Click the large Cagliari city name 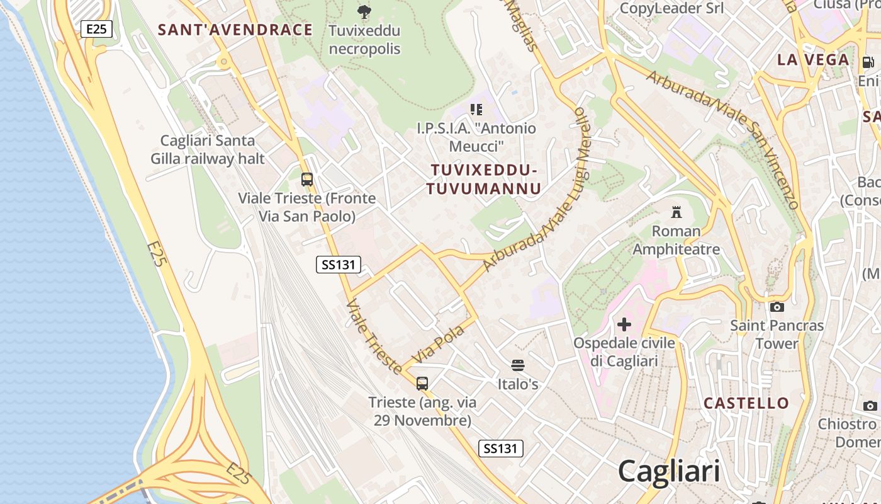click(668, 471)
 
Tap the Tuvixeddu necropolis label click(364, 39)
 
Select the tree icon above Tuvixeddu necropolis click(364, 11)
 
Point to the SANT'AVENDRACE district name click(235, 30)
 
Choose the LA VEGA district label click(813, 60)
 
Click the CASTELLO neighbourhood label click(746, 403)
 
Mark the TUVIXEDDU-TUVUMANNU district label click(483, 180)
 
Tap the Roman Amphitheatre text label click(676, 240)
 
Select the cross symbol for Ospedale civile click(624, 324)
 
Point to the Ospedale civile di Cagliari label click(624, 352)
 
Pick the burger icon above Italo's click(518, 365)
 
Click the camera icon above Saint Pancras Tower click(777, 307)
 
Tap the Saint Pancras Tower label click(777, 335)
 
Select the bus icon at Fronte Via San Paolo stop click(307, 180)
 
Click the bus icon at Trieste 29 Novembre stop click(422, 383)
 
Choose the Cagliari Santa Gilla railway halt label click(208, 149)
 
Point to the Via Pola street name click(437, 345)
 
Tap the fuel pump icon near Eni click(868, 62)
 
